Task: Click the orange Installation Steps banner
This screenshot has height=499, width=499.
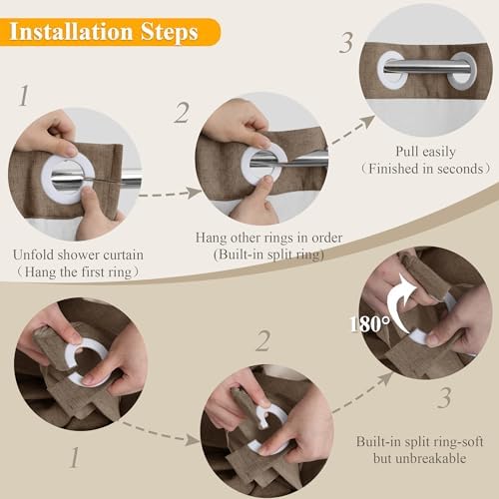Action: (110, 32)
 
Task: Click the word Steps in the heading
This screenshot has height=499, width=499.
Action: (170, 33)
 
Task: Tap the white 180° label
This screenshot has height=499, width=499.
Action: (370, 324)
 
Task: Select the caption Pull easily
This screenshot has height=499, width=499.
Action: (425, 152)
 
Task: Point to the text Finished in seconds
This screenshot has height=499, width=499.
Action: (426, 169)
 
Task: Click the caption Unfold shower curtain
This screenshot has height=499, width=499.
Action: (78, 254)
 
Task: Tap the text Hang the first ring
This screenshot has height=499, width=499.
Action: (78, 272)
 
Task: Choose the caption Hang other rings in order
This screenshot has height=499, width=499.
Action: (268, 238)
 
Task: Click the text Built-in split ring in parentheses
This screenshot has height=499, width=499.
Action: (268, 254)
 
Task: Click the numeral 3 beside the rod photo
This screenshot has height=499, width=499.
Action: (346, 43)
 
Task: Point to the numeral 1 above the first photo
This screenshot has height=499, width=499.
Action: (24, 96)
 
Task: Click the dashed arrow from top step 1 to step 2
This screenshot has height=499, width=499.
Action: (170, 194)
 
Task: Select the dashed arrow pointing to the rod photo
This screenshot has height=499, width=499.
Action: (352, 131)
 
